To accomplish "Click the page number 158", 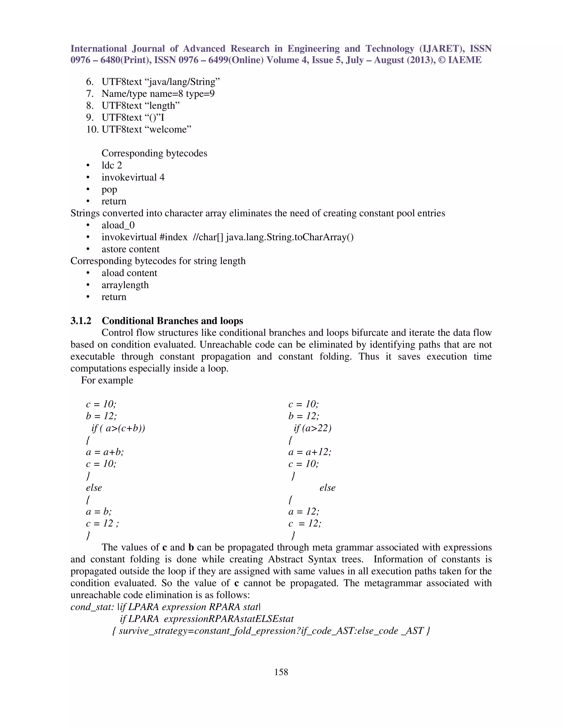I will [x=281, y=672].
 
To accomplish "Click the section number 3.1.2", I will [x=81, y=321].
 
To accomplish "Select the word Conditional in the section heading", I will [x=128, y=321].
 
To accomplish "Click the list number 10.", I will [x=92, y=129].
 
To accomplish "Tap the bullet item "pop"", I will [x=109, y=189].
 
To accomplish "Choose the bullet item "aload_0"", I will [x=118, y=225].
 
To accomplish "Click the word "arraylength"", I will [x=125, y=285].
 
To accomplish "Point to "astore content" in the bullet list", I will [x=130, y=249].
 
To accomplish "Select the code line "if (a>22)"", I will [x=313, y=428].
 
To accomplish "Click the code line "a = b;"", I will [x=99, y=512].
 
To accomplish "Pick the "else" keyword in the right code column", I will [x=327, y=488].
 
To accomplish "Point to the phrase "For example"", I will [x=107, y=380].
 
